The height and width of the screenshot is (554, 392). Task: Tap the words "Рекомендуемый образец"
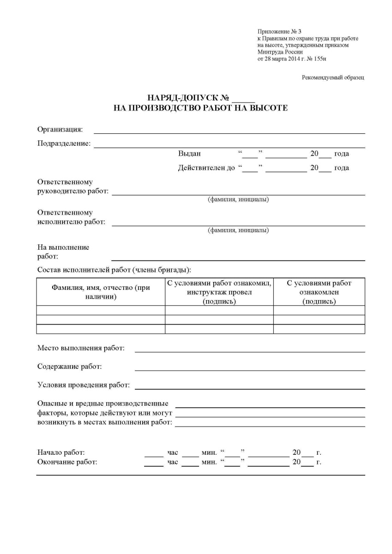click(333, 78)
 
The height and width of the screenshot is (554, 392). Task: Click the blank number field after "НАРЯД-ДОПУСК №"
click(244, 98)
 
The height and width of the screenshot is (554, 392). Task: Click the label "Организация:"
click(60, 129)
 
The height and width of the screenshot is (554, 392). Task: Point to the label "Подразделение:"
click(64, 144)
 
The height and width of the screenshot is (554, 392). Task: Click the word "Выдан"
click(189, 154)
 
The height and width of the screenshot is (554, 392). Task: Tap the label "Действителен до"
click(206, 168)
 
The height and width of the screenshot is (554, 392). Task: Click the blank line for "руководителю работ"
click(238, 192)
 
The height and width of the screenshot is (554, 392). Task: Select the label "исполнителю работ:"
click(71, 222)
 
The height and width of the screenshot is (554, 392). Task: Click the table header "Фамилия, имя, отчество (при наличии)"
click(101, 292)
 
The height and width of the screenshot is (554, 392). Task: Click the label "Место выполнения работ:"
click(81, 348)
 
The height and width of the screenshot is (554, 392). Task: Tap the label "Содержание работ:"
click(69, 367)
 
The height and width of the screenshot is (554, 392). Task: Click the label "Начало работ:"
click(60, 452)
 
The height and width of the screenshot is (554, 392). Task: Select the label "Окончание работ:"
click(67, 462)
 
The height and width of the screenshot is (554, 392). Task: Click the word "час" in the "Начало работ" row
click(173, 453)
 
